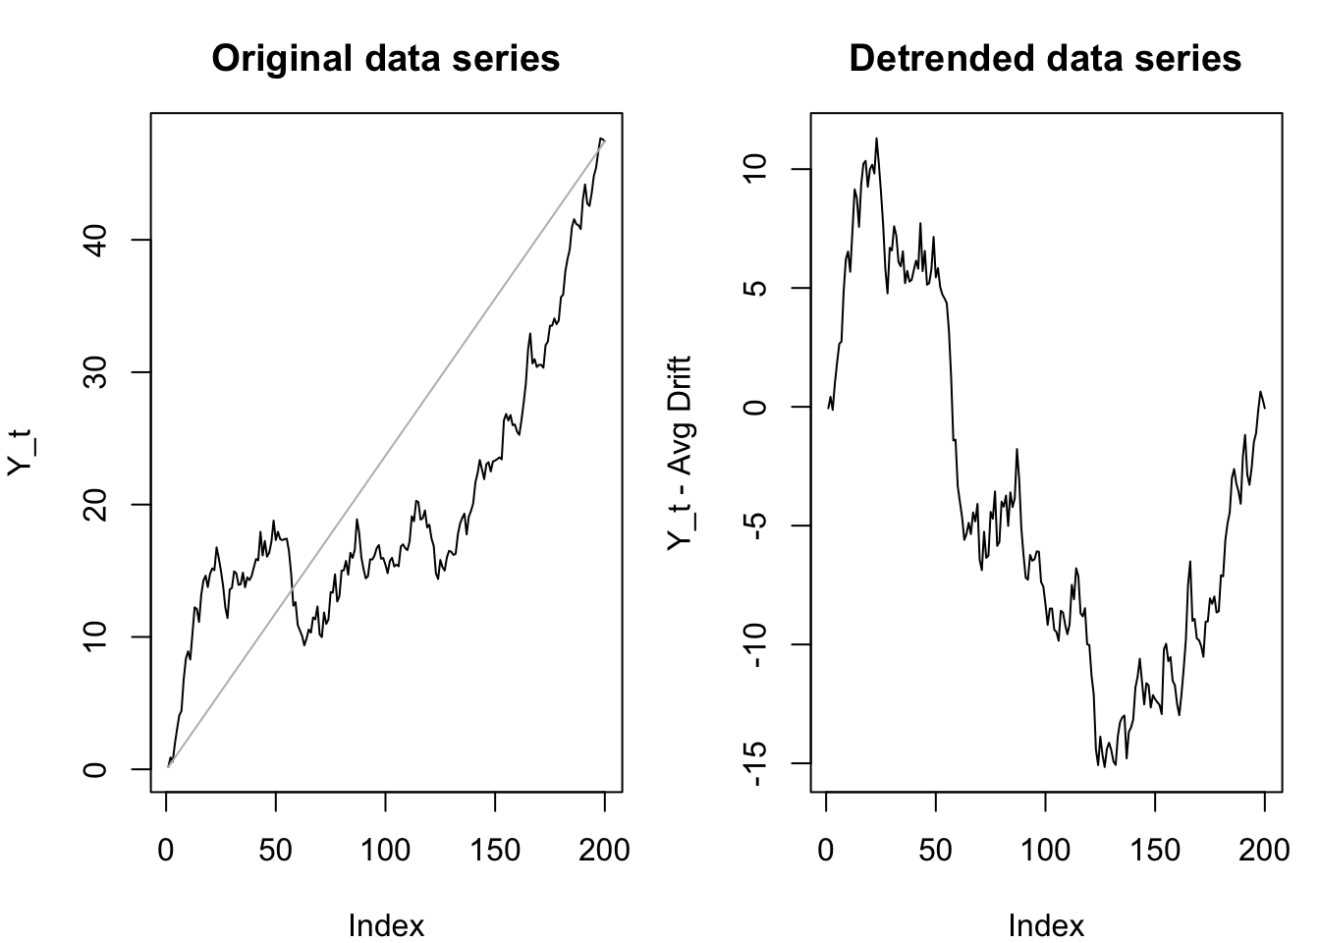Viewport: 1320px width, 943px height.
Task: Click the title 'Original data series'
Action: (x=386, y=59)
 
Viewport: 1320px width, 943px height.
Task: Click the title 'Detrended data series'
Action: (x=1045, y=59)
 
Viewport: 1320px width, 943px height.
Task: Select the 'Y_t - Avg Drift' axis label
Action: (x=680, y=453)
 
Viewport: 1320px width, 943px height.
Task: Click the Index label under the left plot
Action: (x=386, y=924)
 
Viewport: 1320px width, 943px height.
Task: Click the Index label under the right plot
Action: (x=1046, y=924)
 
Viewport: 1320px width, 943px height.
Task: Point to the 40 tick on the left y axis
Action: (x=95, y=240)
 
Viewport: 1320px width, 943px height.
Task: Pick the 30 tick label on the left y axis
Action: (x=95, y=372)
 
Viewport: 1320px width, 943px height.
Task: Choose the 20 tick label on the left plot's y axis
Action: (x=95, y=505)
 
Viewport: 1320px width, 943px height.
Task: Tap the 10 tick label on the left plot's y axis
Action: (x=95, y=638)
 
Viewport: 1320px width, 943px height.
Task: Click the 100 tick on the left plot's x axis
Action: (x=386, y=850)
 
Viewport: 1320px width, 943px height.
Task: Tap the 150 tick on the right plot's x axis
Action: (x=1155, y=850)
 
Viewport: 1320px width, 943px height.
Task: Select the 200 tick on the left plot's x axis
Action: (x=605, y=850)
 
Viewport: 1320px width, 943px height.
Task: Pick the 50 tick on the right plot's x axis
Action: (x=936, y=850)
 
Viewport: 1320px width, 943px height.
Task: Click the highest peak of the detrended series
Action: (x=876, y=139)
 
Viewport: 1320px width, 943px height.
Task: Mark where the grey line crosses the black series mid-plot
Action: (x=291, y=588)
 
